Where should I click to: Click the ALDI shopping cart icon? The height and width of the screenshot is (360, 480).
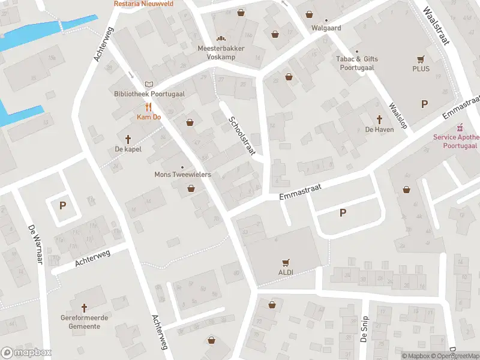286,262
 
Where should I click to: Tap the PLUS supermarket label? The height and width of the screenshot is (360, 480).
421,68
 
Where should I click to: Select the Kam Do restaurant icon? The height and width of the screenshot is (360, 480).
148,107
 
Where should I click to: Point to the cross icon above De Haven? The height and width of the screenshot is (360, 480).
379,119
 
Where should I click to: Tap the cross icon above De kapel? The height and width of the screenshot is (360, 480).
128,139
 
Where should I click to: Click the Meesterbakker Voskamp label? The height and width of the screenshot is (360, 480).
217,52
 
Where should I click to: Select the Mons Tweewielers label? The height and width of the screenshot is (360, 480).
182,175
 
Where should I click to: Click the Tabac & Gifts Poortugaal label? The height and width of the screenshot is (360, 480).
358,63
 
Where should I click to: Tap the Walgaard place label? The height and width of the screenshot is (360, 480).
326,28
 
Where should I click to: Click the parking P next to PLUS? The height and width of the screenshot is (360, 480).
425,104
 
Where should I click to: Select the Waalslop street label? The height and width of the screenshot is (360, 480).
397,115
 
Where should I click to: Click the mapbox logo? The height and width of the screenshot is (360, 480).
26,353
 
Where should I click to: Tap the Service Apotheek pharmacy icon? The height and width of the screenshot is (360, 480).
460,128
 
